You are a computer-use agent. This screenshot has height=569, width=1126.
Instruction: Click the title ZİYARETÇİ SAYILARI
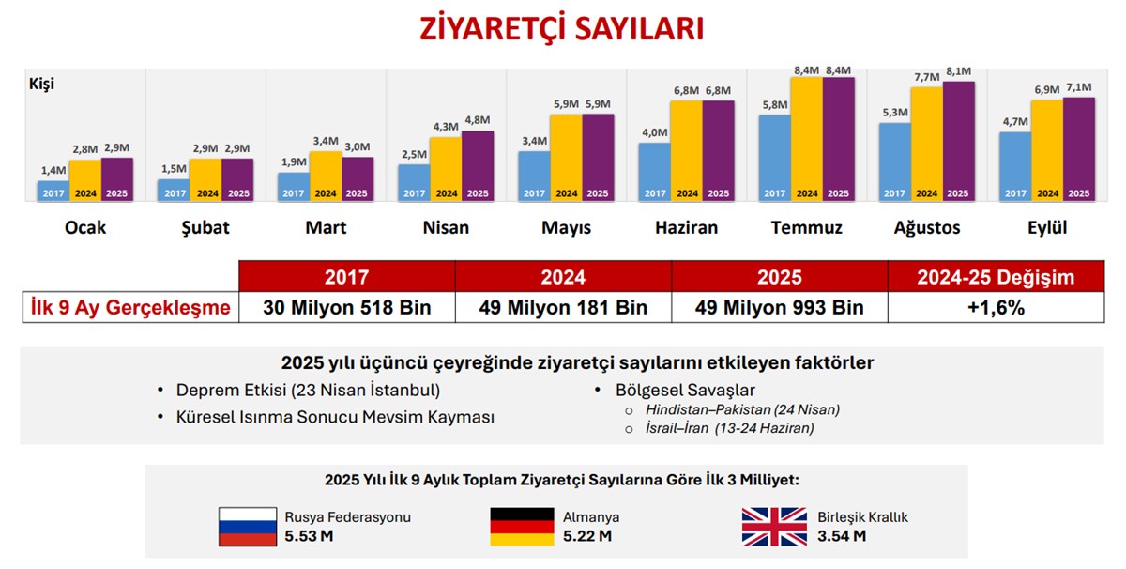[x=562, y=27]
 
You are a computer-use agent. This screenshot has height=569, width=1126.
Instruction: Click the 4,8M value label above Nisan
[x=478, y=120]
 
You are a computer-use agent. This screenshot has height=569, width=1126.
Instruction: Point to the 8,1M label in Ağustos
[x=958, y=71]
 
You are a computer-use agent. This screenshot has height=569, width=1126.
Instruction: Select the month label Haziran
[x=687, y=228]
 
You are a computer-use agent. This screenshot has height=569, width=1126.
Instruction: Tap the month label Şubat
[x=205, y=228]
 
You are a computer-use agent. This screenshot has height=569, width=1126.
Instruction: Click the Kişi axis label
[x=42, y=84]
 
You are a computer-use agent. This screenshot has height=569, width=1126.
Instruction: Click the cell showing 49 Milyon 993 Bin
[x=779, y=308]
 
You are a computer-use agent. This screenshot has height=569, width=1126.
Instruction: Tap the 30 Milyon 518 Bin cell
[x=346, y=308]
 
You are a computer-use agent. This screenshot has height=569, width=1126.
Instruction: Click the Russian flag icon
[x=248, y=527]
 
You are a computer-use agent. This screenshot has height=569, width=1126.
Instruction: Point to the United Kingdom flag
[x=774, y=527]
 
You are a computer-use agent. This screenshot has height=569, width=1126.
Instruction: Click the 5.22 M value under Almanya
[x=587, y=536]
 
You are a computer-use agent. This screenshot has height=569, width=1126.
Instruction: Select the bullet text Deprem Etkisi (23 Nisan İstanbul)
[x=308, y=390]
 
